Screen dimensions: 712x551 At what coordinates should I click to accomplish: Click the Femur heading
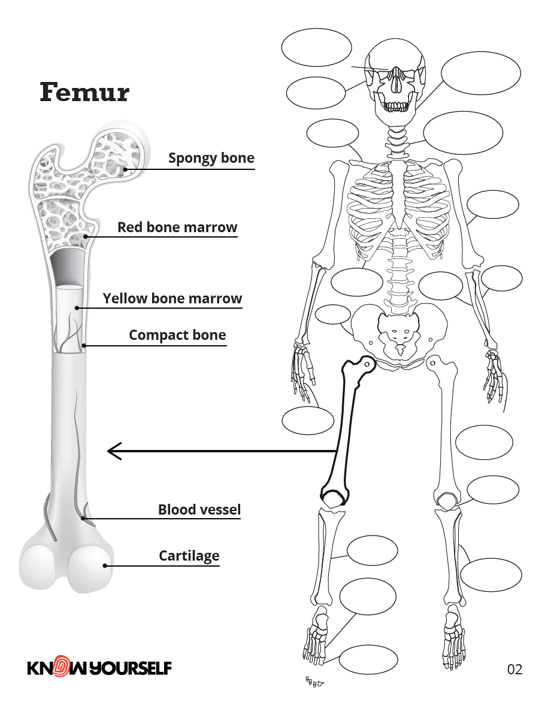click(x=84, y=93)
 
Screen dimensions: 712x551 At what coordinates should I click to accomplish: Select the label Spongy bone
click(x=211, y=158)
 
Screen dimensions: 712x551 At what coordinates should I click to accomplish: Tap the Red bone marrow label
click(x=177, y=227)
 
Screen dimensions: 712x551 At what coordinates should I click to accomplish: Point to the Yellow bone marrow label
click(x=172, y=298)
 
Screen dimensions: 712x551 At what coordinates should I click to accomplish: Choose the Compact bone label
click(x=177, y=335)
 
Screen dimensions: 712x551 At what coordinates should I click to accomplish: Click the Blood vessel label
click(x=199, y=510)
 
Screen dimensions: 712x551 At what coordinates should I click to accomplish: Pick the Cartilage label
click(x=189, y=556)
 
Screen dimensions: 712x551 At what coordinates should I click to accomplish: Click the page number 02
click(x=514, y=669)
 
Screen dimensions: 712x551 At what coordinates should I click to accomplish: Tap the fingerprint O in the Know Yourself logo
click(x=60, y=667)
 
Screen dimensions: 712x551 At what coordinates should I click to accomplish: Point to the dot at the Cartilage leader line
click(x=105, y=565)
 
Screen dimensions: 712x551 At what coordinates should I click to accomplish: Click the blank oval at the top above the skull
click(x=316, y=48)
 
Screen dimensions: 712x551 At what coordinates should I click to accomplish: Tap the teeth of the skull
click(x=396, y=106)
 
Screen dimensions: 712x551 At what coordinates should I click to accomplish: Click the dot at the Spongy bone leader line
click(x=125, y=169)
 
